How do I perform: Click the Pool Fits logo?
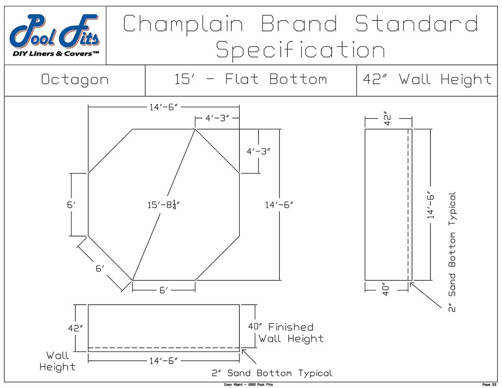(x=55, y=36)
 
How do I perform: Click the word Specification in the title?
(x=300, y=51)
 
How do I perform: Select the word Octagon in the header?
(x=74, y=80)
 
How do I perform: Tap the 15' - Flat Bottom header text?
(x=251, y=79)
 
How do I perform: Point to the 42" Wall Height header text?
(x=427, y=79)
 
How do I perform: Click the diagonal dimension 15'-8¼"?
(x=166, y=205)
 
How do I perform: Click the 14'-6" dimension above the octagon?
(x=164, y=107)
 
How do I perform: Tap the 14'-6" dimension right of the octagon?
(x=279, y=205)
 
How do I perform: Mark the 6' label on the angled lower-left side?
(x=99, y=268)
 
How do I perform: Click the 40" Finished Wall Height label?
(x=286, y=333)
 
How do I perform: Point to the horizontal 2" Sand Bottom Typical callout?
(x=272, y=373)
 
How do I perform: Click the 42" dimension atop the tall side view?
(x=388, y=118)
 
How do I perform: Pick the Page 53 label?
(x=489, y=385)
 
